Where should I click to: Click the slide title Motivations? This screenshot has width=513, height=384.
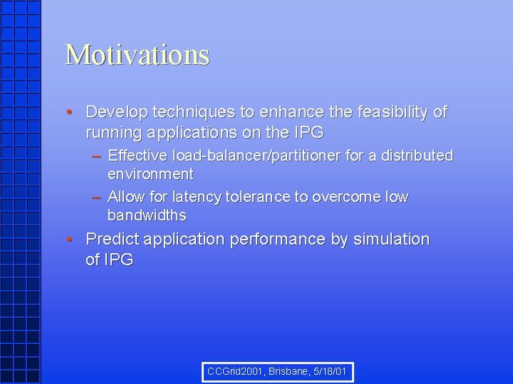pos(137,55)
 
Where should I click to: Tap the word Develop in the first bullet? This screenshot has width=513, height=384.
pos(114,112)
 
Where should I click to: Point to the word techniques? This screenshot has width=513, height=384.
pos(184,112)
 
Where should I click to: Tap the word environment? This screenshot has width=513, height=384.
pos(150,174)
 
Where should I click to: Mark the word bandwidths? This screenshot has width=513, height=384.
pos(147,215)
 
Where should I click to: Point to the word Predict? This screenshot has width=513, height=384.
pos(112,240)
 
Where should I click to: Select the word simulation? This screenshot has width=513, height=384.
pos(390,240)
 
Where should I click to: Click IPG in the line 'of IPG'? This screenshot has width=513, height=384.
pos(118,260)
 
